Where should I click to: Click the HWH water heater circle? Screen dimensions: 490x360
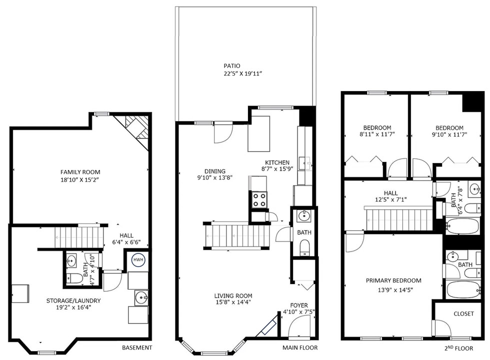click(x=138, y=259)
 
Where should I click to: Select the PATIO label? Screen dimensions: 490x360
click(x=232, y=66)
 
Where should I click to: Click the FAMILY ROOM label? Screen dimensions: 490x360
click(x=80, y=172)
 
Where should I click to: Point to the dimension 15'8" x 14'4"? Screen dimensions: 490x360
click(x=233, y=302)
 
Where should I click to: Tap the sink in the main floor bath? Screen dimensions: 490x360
click(x=303, y=215)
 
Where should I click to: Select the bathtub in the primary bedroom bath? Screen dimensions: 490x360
click(x=463, y=289)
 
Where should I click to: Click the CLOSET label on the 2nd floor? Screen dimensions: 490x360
click(x=464, y=314)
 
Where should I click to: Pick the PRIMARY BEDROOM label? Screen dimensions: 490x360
click(x=393, y=280)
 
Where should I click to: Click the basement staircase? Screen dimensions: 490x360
click(x=79, y=237)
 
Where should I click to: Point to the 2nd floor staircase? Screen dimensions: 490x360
click(x=399, y=219)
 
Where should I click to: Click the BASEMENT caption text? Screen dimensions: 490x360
click(x=137, y=347)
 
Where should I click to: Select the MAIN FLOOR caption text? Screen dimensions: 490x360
click(x=300, y=347)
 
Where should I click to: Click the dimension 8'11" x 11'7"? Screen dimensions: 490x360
click(x=377, y=134)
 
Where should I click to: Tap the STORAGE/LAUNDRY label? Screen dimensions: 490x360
click(x=73, y=300)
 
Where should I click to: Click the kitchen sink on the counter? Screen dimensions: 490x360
click(x=304, y=163)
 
